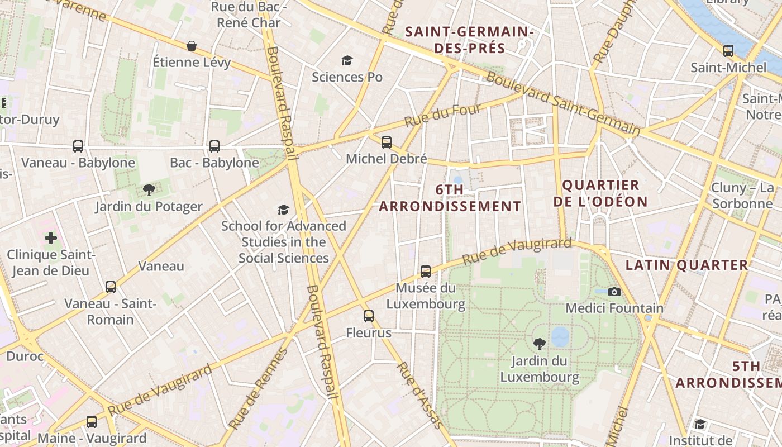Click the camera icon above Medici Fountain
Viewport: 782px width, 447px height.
(614, 292)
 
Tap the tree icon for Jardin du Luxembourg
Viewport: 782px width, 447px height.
(539, 344)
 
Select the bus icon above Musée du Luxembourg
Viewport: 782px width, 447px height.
(426, 272)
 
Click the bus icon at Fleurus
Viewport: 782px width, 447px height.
(368, 316)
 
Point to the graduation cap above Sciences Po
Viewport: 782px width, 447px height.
(347, 60)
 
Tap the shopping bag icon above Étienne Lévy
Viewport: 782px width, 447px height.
(191, 46)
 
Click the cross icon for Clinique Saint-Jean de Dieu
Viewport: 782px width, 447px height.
(51, 238)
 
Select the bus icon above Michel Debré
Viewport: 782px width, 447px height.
(386, 142)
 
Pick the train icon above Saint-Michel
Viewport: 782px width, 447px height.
(728, 51)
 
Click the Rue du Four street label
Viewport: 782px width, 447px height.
(442, 115)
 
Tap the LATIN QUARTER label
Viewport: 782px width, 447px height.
(686, 265)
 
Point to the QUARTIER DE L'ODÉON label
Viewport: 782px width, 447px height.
(600, 193)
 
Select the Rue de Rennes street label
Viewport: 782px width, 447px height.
(259, 389)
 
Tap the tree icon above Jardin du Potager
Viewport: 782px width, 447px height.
(149, 190)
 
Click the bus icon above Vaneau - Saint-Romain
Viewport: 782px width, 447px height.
(111, 287)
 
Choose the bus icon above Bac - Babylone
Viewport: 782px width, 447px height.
(214, 146)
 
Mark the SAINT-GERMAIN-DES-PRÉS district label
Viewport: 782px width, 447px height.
(469, 40)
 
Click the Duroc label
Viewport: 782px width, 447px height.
(25, 356)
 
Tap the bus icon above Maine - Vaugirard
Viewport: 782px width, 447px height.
(91, 422)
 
